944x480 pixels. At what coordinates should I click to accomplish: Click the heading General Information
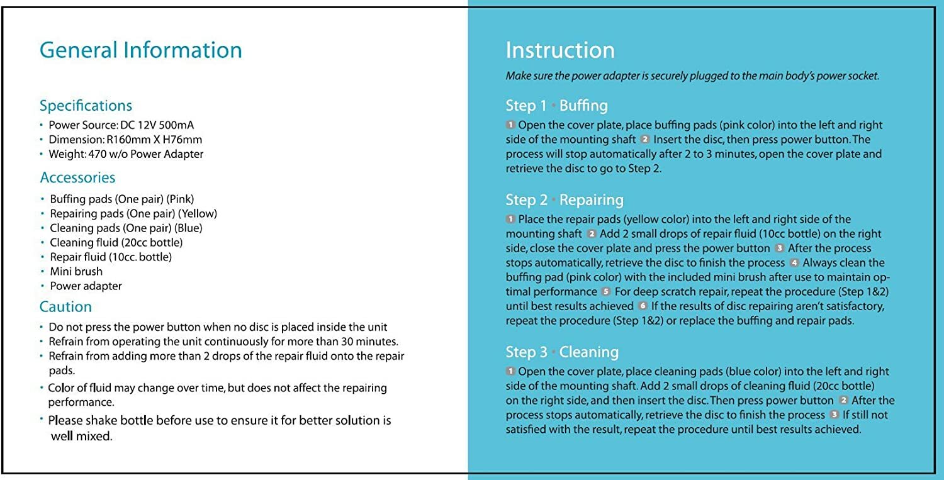pos(140,50)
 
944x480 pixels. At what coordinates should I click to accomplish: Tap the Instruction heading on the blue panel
pos(560,50)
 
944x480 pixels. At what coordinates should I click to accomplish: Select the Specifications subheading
pos(86,105)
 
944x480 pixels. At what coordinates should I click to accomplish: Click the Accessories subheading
pos(77,177)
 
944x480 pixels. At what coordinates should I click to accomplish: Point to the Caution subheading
pos(65,306)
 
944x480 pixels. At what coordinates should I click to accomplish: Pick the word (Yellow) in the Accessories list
pos(196,214)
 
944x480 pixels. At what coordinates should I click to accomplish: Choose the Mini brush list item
pos(76,272)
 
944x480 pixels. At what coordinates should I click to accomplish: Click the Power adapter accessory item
pos(86,286)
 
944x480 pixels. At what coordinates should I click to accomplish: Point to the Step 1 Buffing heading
pos(556,105)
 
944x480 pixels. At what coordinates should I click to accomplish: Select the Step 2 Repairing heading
pos(564,200)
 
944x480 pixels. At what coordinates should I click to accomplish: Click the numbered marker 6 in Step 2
pos(643,306)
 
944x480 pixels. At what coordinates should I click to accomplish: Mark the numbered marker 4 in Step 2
pos(794,262)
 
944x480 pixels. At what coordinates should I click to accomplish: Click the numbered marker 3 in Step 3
pos(834,415)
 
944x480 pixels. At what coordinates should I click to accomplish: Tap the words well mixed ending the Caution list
pos(81,436)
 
